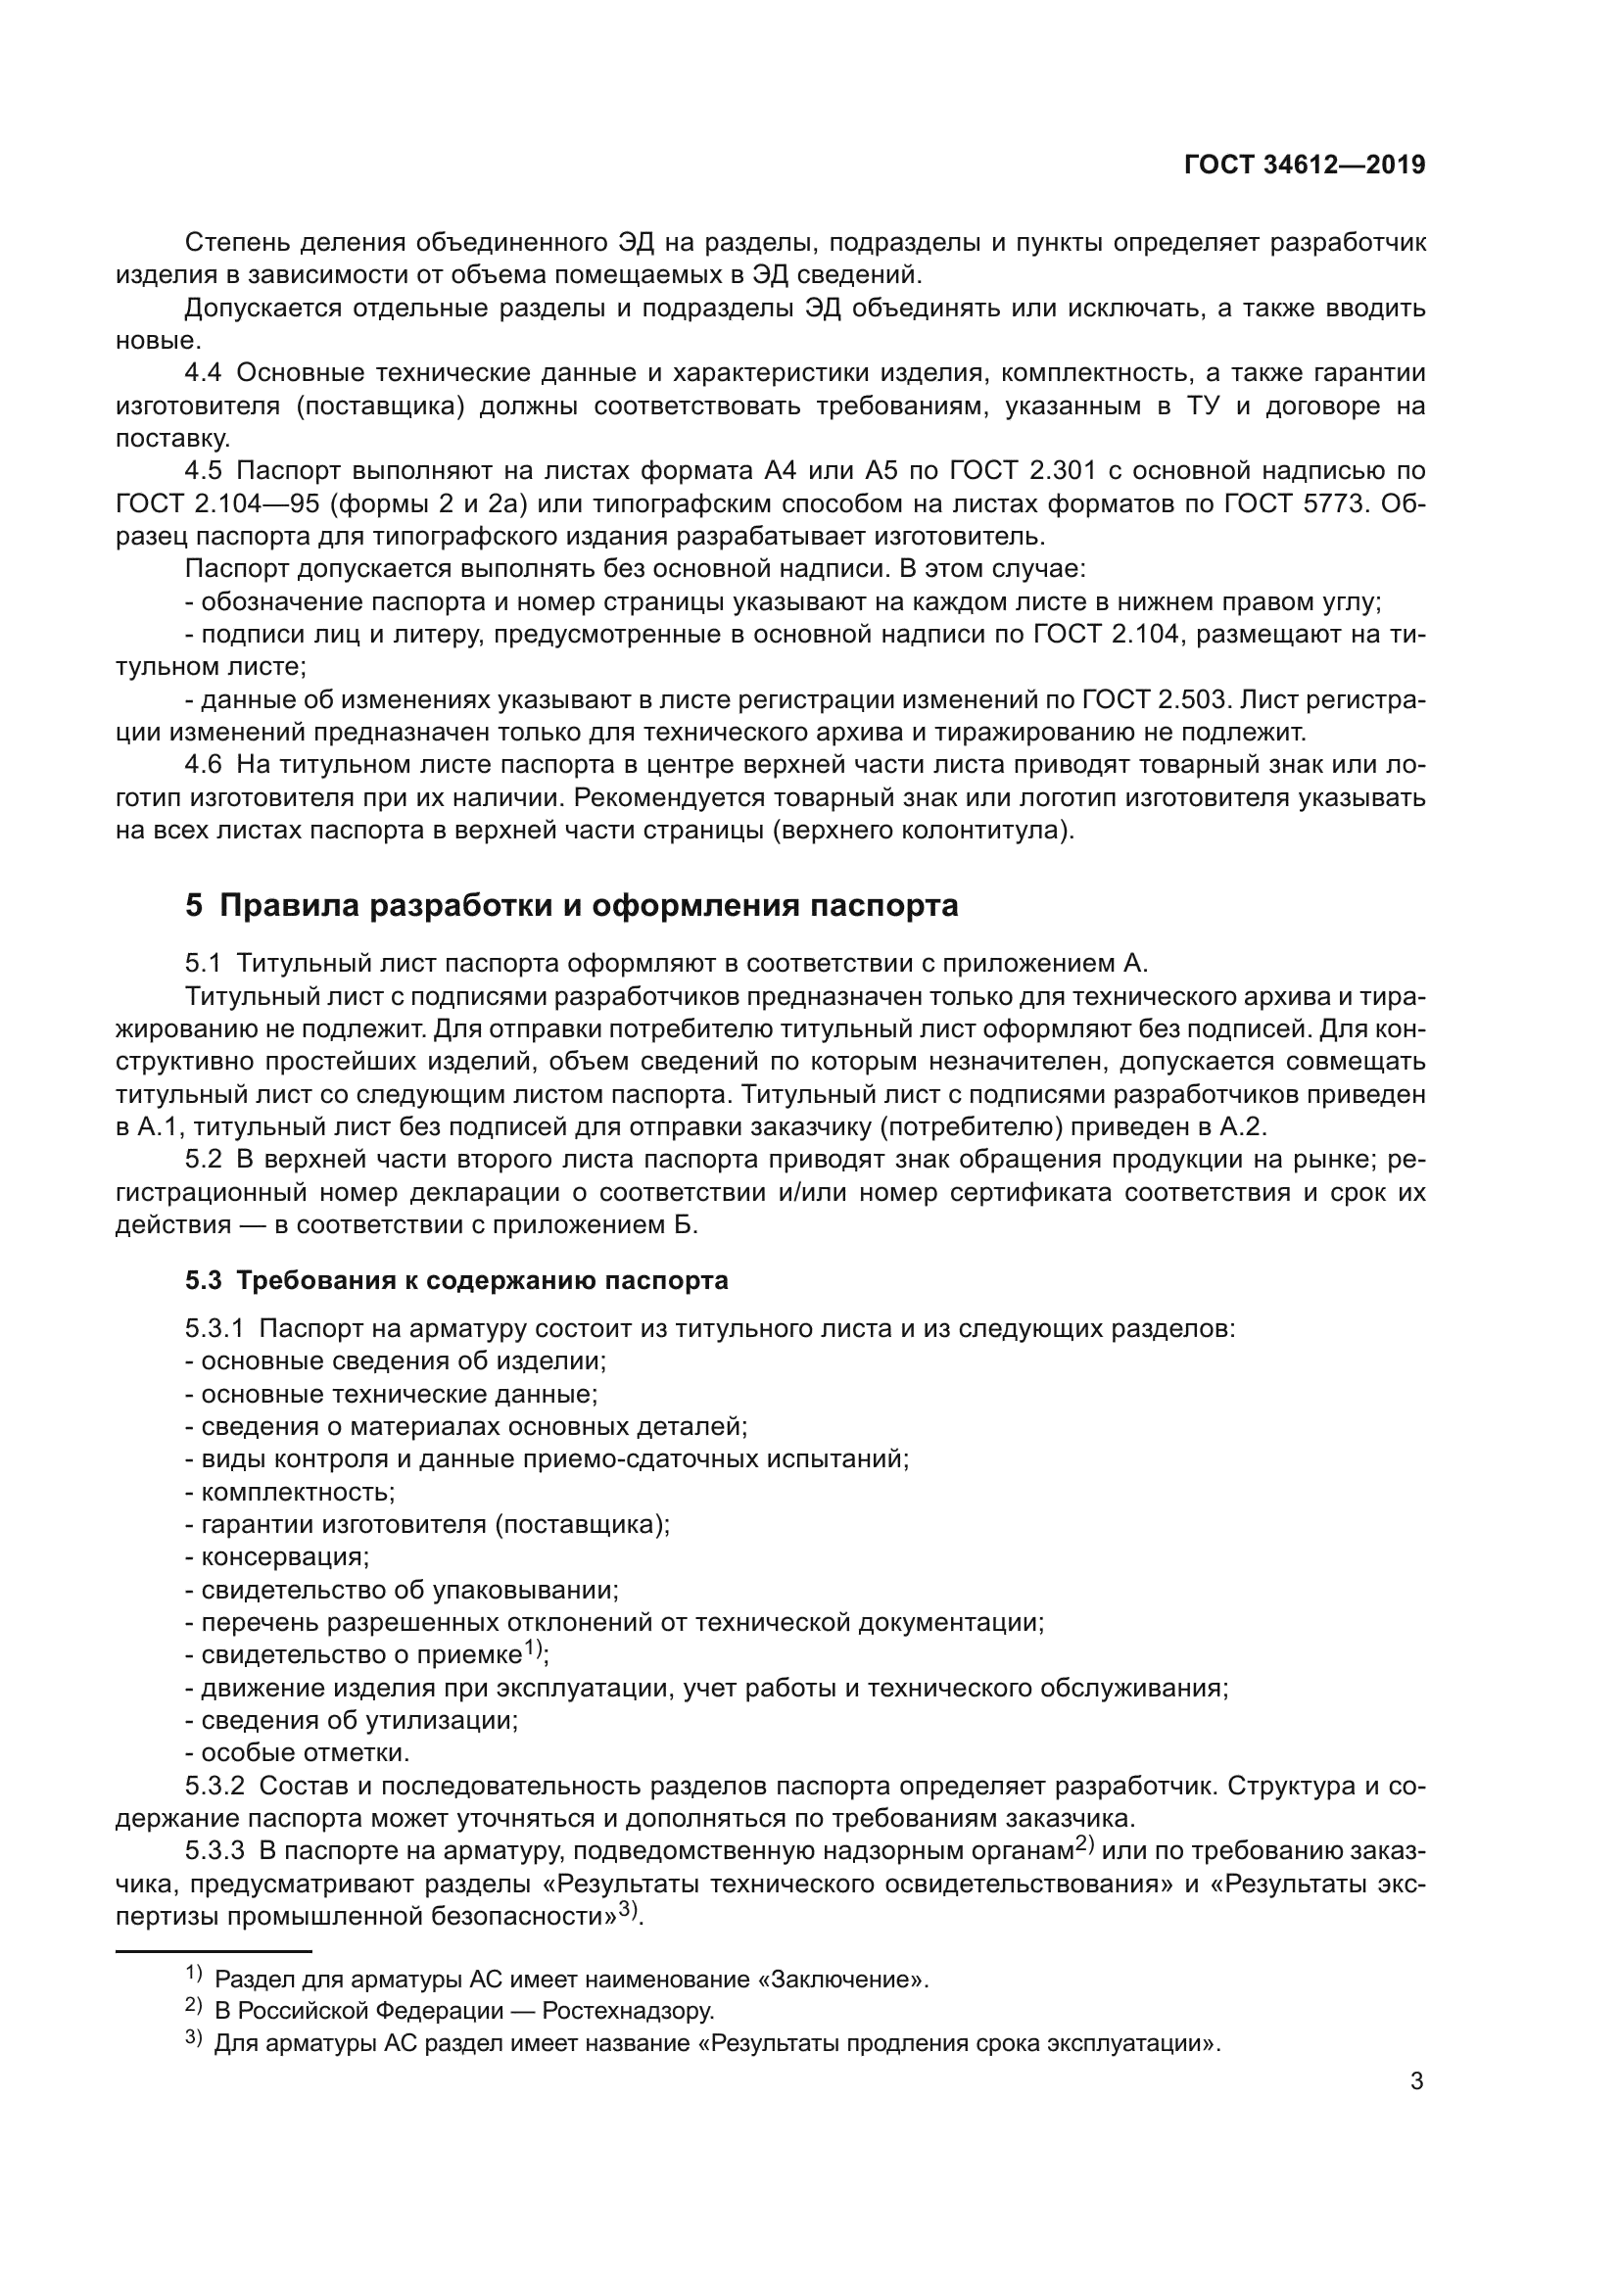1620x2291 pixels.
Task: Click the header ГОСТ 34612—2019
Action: pyautogui.click(x=1304, y=165)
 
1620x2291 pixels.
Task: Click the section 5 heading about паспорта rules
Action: pyautogui.click(x=571, y=905)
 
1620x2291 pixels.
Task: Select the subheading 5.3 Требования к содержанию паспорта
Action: pyautogui.click(x=455, y=1280)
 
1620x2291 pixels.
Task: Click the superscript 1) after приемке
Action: pyautogui.click(x=533, y=1649)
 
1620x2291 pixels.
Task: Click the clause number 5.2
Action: pyautogui.click(x=204, y=1160)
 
